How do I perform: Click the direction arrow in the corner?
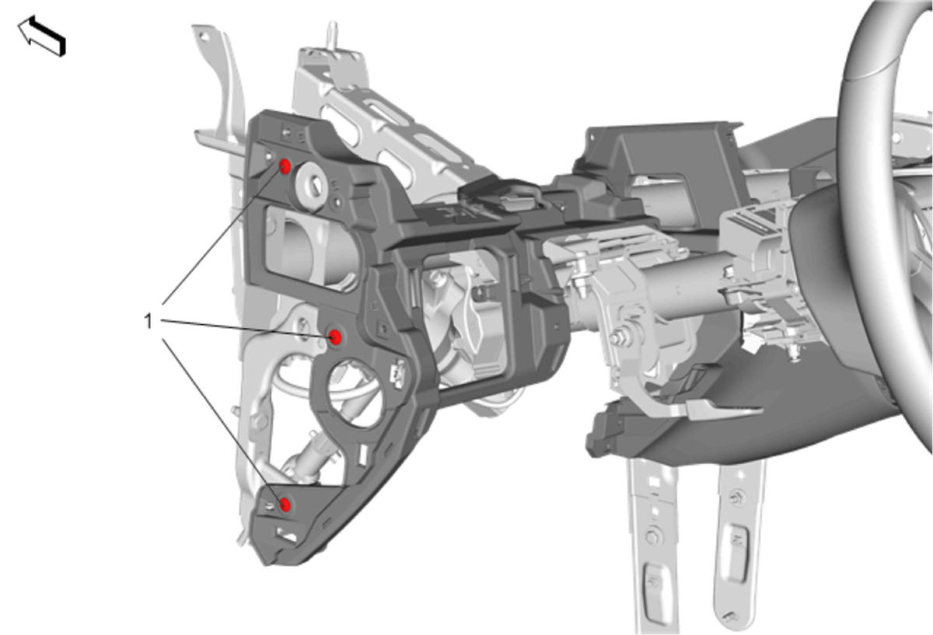42,36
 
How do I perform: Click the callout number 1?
149,322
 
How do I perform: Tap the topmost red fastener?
285,167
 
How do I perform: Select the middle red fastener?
335,337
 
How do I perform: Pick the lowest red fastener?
285,504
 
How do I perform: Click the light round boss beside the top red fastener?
313,185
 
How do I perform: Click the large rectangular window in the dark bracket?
310,247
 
